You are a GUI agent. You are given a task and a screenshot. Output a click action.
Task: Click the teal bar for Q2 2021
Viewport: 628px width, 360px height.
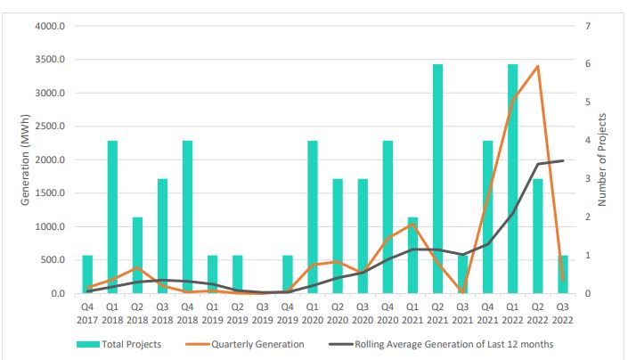coord(437,178)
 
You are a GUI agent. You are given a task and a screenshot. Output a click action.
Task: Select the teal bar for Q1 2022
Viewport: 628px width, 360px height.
coord(512,178)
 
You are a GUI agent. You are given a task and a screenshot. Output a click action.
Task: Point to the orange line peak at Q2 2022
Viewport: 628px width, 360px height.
coord(537,66)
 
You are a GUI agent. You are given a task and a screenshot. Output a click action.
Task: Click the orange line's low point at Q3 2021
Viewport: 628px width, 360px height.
coord(462,291)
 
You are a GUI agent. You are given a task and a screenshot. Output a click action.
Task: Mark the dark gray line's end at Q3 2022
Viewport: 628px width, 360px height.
coord(562,160)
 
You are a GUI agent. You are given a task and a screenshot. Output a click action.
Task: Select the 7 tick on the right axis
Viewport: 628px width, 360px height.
coord(589,26)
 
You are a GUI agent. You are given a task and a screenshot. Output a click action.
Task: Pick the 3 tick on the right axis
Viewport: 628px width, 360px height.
coord(589,178)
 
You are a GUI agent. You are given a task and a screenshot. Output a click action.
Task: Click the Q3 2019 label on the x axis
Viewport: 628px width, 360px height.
coord(262,312)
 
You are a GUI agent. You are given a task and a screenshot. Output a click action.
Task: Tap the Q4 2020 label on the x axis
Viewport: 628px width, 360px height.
coord(387,312)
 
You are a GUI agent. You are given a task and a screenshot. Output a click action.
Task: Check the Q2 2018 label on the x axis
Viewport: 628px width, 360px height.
coord(137,312)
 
